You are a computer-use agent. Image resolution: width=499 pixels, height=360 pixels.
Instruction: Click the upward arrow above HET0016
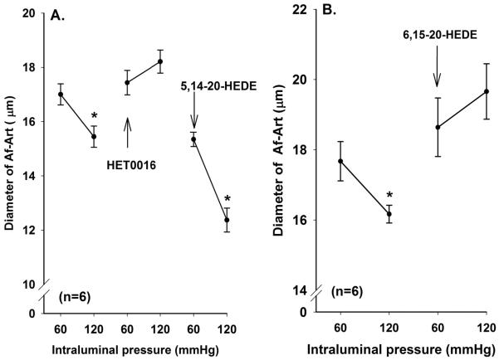pyautogui.click(x=127, y=132)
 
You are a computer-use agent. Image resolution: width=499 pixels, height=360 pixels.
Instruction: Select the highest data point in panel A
pyautogui.click(x=160, y=61)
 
